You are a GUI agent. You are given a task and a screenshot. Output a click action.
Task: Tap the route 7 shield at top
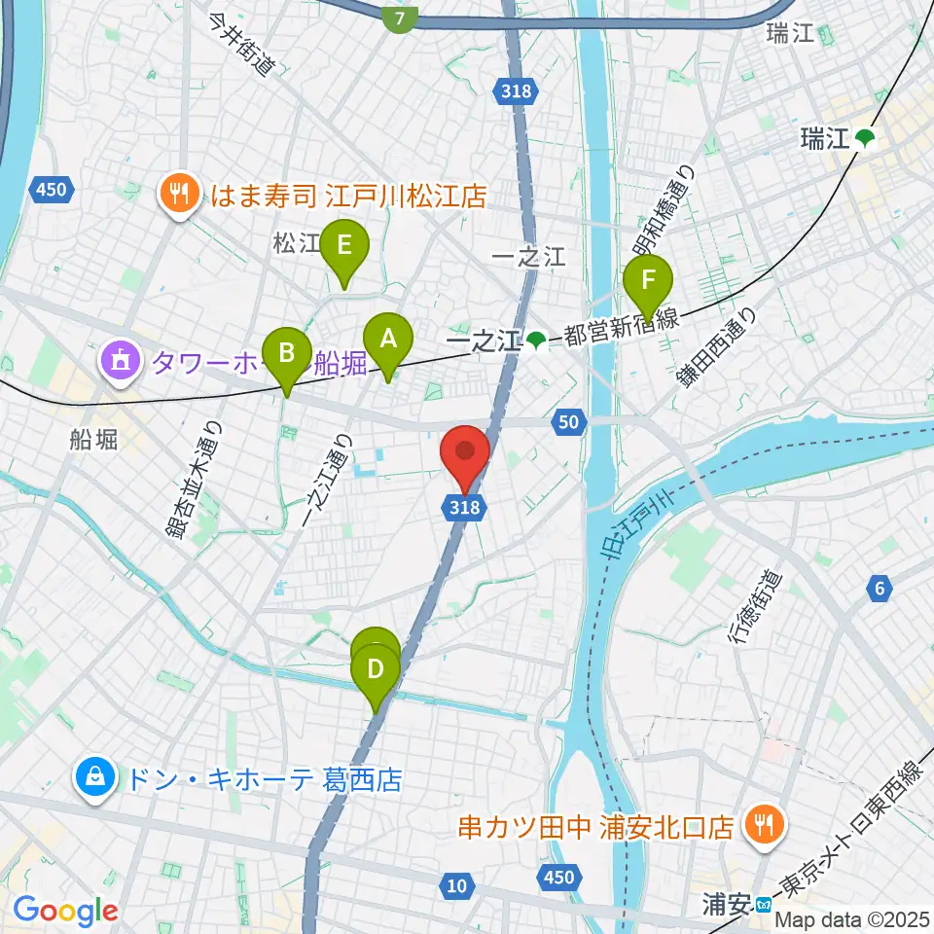coord(400,17)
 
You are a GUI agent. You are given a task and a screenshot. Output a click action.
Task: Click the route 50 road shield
coord(570,421)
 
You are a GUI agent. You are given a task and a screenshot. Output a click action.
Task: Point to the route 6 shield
coord(880,587)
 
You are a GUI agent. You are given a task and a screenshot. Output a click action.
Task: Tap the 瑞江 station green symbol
coord(865,139)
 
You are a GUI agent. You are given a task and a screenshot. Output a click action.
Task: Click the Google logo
coord(65,911)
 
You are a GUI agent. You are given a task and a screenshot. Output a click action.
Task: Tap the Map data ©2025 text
coord(852,918)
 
